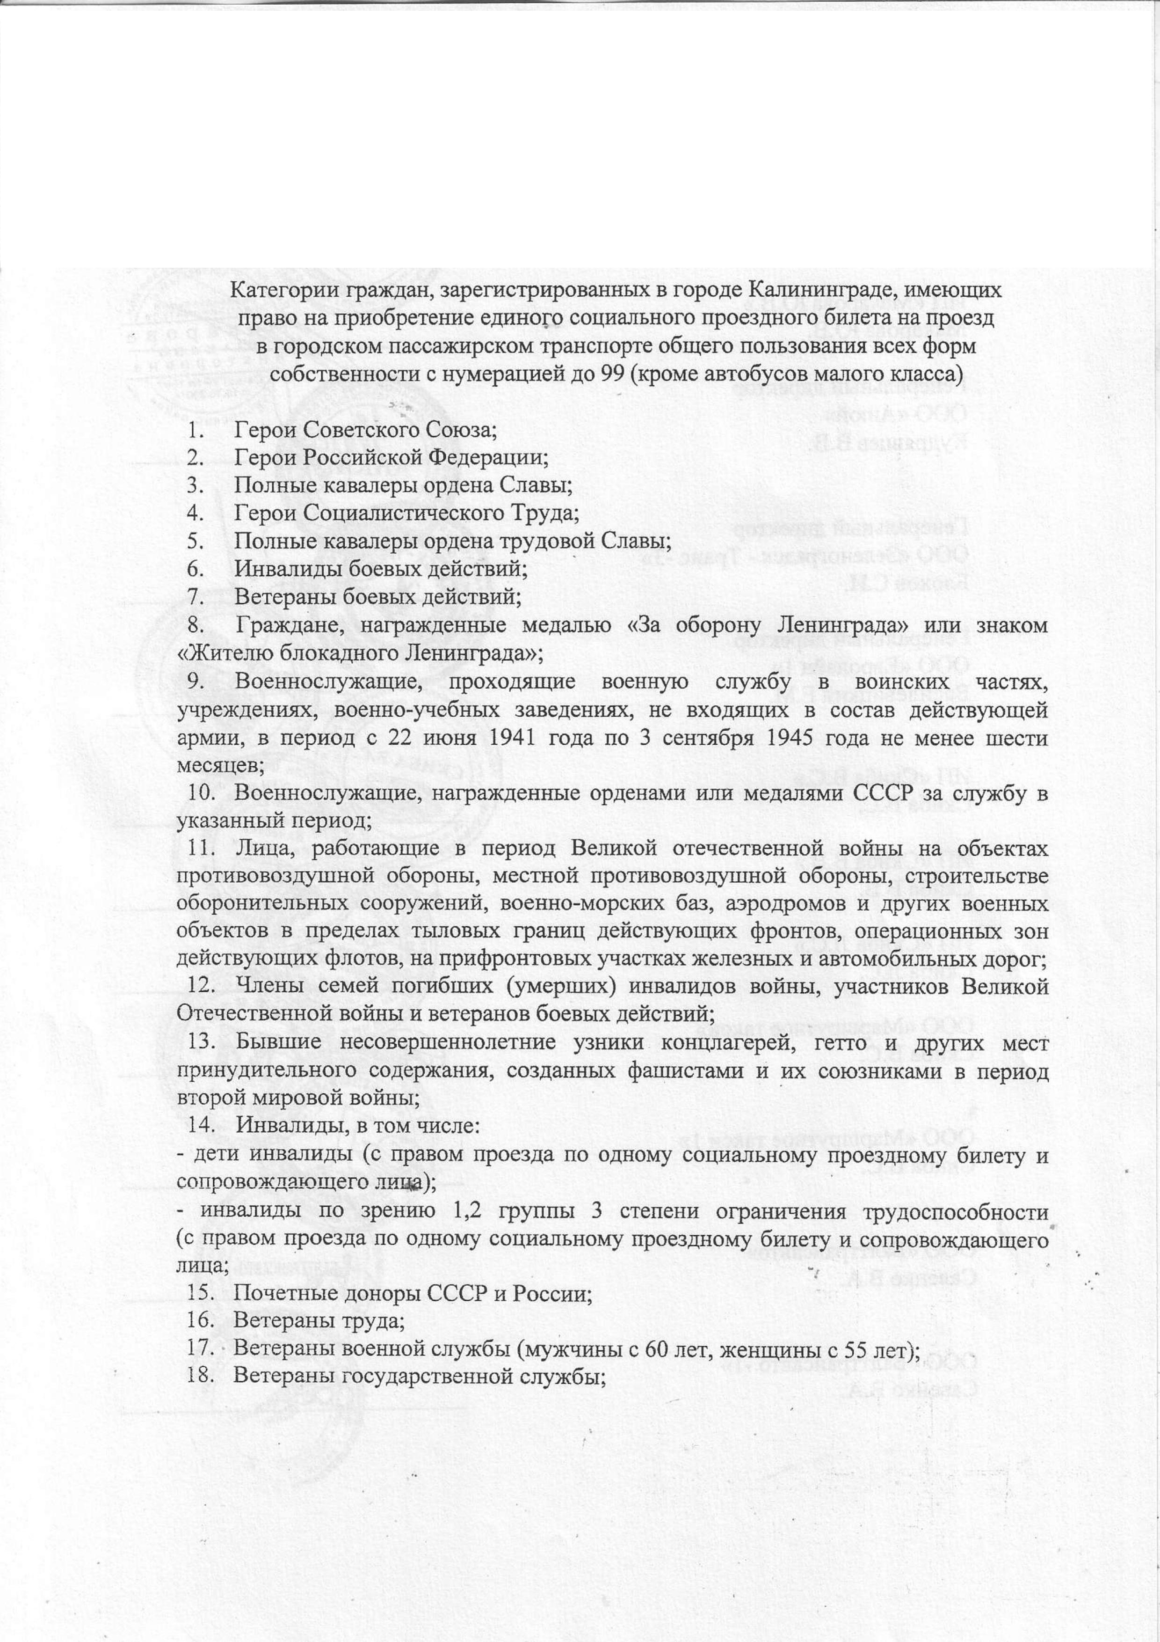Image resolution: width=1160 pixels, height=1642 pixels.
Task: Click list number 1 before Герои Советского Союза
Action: point(192,430)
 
